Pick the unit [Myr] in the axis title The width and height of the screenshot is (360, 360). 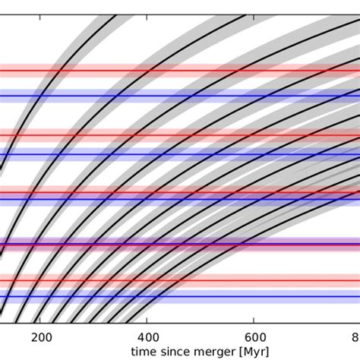point(252,352)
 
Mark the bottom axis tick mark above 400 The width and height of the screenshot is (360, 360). point(148,323)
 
